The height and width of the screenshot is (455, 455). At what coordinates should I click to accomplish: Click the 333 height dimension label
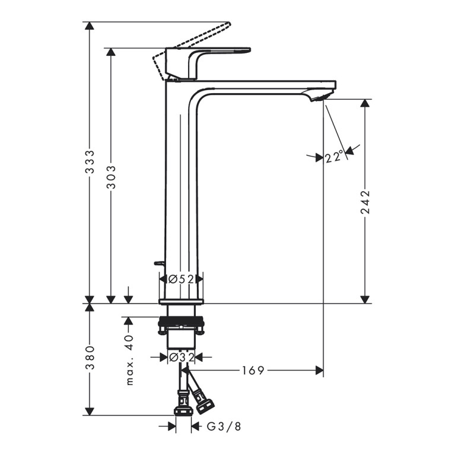(90, 161)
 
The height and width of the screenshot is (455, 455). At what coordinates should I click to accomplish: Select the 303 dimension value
(111, 177)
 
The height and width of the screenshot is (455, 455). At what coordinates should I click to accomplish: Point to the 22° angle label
(335, 157)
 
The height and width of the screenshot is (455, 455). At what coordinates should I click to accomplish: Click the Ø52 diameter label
(181, 279)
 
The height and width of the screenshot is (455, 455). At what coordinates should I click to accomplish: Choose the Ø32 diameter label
(182, 357)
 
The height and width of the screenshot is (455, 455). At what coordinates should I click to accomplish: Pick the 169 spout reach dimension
(253, 370)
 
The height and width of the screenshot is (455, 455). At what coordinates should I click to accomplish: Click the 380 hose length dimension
(90, 358)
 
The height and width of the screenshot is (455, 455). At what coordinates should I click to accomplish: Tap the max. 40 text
(130, 360)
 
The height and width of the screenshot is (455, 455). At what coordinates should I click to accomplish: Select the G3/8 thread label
(224, 427)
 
